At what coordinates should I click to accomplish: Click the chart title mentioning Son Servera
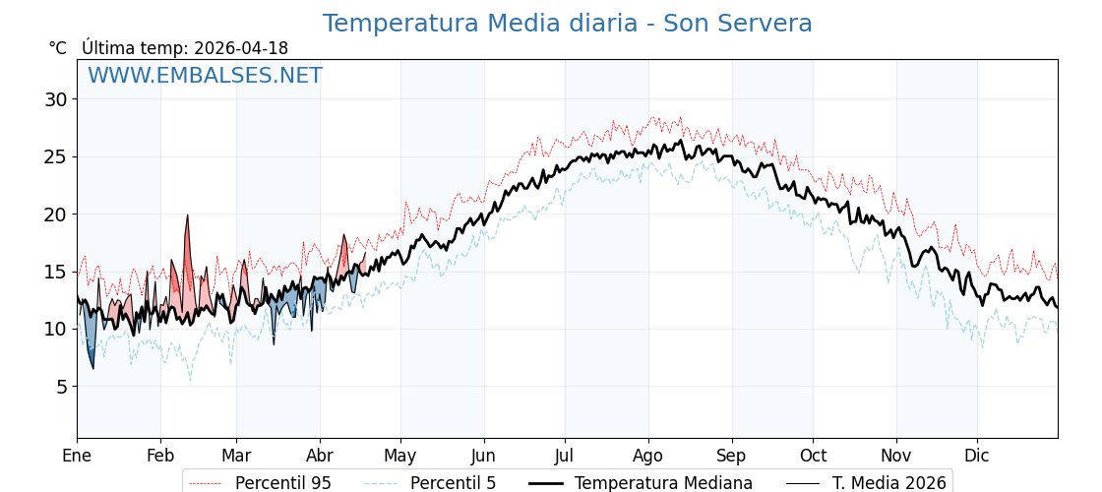(x=567, y=24)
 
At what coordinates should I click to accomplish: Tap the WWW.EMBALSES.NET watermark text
(x=205, y=76)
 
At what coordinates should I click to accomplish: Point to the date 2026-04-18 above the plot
(x=241, y=48)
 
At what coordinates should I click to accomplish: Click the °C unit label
(x=58, y=48)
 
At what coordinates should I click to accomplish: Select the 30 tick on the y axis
(x=55, y=99)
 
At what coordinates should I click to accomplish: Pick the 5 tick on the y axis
(x=61, y=387)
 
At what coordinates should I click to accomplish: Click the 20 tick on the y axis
(x=55, y=215)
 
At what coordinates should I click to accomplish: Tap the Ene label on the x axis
(x=77, y=456)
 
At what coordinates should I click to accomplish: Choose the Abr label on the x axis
(x=320, y=456)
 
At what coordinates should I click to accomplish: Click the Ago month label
(x=647, y=456)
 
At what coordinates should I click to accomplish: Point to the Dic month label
(x=977, y=456)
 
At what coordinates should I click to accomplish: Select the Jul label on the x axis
(x=565, y=456)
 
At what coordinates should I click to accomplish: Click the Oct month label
(x=813, y=456)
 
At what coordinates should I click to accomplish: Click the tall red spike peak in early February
(x=187, y=215)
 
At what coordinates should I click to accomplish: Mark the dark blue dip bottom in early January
(x=93, y=368)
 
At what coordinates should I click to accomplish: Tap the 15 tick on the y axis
(x=55, y=272)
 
